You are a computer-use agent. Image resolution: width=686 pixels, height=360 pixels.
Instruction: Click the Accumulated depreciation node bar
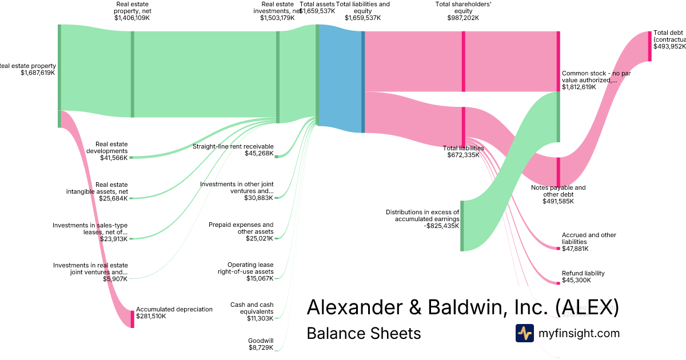pos(132,319)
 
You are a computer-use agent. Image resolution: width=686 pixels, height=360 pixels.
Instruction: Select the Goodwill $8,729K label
pos(261,343)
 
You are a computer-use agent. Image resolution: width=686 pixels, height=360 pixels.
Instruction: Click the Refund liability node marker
pos(559,283)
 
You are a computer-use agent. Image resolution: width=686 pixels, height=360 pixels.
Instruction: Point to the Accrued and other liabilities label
pos(588,242)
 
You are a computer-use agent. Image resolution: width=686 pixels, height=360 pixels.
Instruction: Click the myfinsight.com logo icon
pos(524,333)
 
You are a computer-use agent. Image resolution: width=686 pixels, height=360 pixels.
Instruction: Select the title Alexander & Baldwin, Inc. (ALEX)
pos(462,307)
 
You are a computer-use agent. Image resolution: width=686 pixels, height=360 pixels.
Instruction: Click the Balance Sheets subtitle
pos(364,333)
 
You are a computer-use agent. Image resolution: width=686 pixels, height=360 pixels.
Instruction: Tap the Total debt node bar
pos(649,46)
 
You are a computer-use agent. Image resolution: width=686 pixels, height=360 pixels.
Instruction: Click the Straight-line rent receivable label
pos(233,150)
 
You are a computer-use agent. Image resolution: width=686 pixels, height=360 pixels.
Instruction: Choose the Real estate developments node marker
pos(131,157)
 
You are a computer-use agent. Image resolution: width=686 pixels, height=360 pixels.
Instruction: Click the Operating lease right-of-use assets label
pos(245,272)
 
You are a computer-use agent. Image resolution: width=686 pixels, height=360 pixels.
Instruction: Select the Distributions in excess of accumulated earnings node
pos(462,226)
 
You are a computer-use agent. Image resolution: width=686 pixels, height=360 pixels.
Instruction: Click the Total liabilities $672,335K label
pos(463,151)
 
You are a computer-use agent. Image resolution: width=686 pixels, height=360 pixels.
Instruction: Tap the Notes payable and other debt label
pos(558,194)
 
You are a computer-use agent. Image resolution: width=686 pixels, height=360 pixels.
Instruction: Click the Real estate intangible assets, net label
pos(97,191)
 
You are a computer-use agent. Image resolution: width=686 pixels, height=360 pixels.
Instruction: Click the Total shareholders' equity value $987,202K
pos(463,18)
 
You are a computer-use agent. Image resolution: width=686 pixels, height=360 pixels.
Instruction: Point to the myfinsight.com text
pos(579,333)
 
